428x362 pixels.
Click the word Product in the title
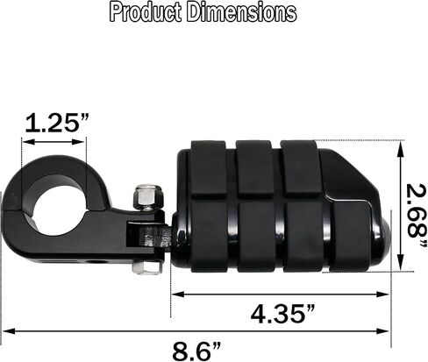(x=146, y=12)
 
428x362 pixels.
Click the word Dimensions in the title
(x=242, y=12)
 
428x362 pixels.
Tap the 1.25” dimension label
(x=56, y=123)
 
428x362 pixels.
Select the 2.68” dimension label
(x=416, y=216)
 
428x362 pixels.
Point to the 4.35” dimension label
(x=282, y=314)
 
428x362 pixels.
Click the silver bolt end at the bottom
(x=146, y=267)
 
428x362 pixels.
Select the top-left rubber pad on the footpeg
(x=209, y=168)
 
